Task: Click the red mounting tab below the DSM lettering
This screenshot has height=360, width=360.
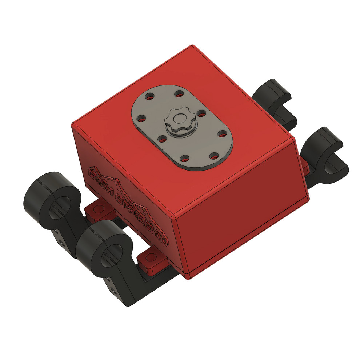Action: point(98,209)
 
